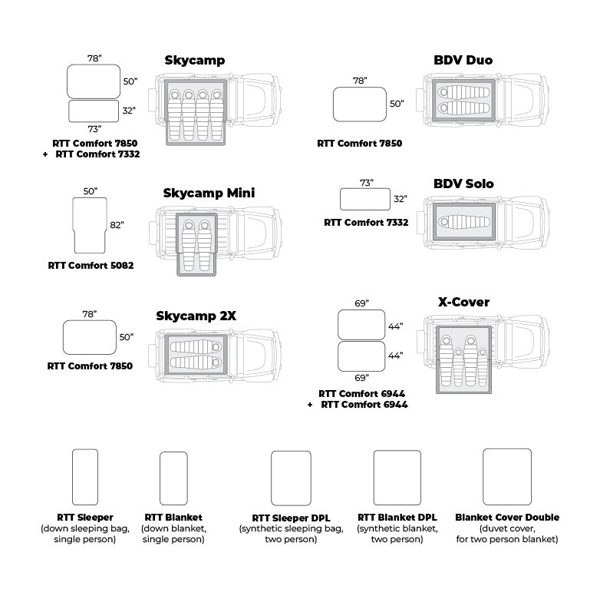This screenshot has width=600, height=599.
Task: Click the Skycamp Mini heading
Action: click(209, 193)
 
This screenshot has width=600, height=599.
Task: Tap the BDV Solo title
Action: click(463, 184)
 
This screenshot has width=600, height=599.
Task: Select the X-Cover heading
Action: click(463, 302)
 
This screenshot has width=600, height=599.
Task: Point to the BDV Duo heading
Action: click(463, 61)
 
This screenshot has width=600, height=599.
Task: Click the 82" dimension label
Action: click(117, 226)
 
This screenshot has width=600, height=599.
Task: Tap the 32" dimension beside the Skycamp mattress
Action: click(128, 111)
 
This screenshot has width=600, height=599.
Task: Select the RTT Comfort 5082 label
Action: click(91, 266)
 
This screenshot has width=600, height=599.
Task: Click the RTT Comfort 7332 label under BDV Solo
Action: click(366, 223)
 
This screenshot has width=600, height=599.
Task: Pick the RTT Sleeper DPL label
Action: click(291, 518)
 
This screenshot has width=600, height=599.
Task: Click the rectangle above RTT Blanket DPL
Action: click(397, 477)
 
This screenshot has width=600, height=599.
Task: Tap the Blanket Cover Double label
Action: click(506, 518)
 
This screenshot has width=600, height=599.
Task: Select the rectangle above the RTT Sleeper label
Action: click(84, 476)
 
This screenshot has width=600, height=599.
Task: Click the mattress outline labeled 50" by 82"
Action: click(89, 226)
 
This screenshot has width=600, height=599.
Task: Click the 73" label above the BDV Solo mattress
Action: click(366, 183)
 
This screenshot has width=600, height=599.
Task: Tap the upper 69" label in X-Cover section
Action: click(361, 304)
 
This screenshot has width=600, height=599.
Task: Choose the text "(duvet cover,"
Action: click(506, 528)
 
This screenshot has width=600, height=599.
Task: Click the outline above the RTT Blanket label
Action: click(173, 478)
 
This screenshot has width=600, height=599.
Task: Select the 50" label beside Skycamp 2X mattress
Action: click(127, 337)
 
